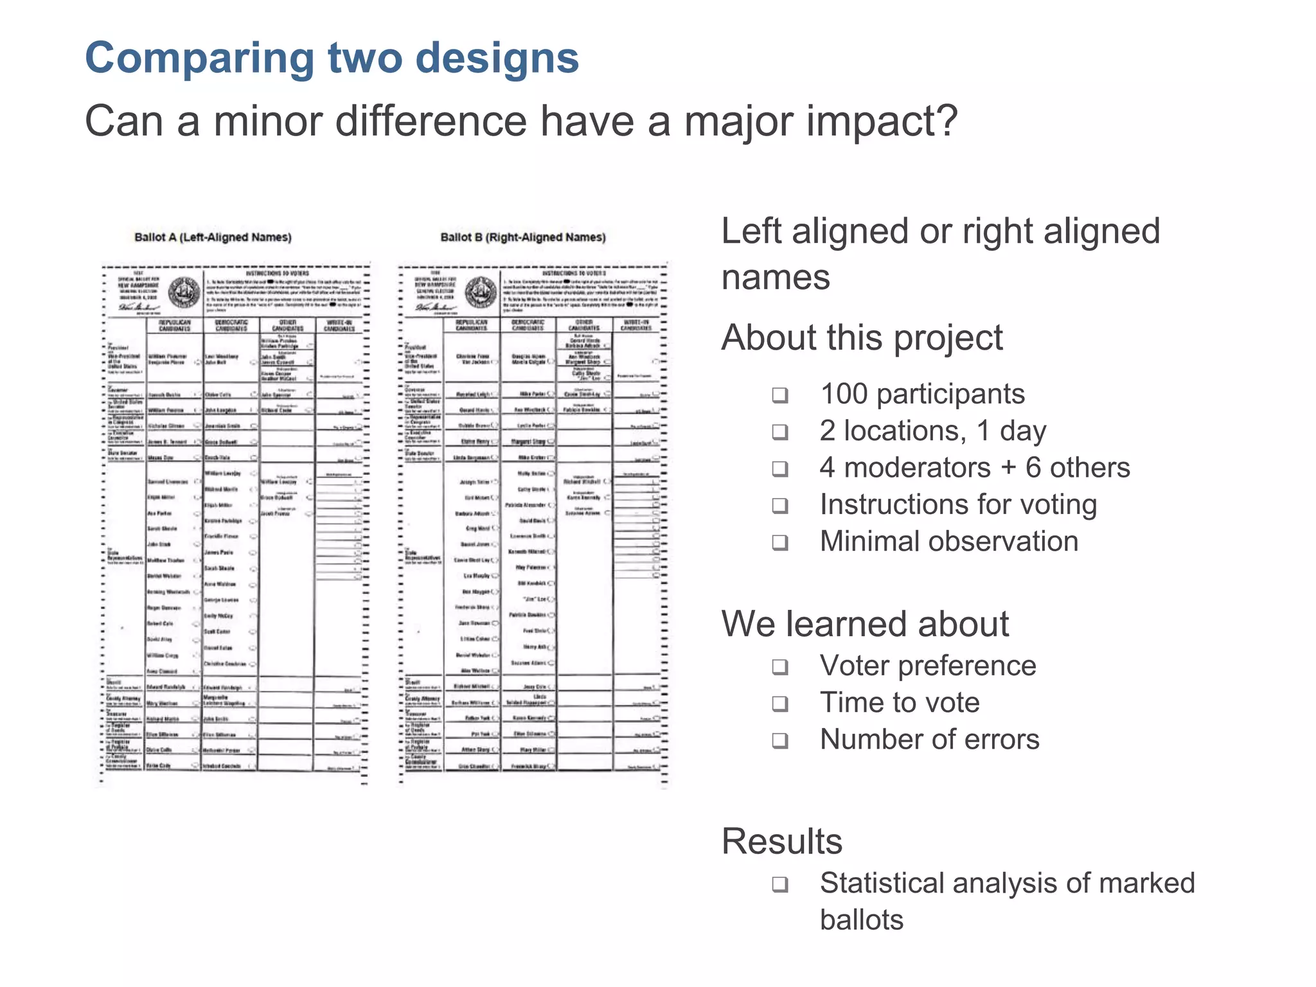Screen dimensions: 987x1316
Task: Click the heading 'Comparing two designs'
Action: tap(332, 58)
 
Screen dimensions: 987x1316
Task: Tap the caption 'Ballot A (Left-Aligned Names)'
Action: tap(213, 237)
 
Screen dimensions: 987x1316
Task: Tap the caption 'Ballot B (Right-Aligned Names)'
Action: tap(523, 237)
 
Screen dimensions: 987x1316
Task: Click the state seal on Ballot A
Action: tap(184, 293)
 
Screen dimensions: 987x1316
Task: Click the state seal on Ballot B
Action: tap(481, 293)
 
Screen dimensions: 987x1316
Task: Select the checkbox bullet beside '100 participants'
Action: tap(780, 395)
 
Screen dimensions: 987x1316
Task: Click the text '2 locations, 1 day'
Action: tap(932, 431)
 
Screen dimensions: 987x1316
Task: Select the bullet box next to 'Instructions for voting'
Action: tap(780, 506)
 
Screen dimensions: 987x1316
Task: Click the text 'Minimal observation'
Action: tap(948, 542)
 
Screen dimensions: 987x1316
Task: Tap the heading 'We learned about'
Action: tap(865, 624)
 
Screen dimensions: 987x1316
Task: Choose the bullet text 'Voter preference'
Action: tap(927, 666)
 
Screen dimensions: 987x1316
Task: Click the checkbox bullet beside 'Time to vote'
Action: tap(780, 704)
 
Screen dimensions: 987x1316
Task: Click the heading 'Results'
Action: tap(781, 841)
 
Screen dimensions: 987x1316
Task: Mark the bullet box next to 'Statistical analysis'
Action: tap(780, 885)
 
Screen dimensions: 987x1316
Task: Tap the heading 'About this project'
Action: tap(862, 338)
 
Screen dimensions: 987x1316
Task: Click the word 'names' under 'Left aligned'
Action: tap(776, 278)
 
